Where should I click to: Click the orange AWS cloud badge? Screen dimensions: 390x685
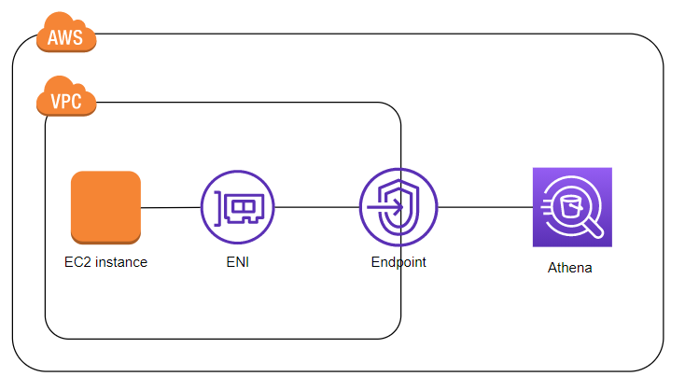tap(66, 38)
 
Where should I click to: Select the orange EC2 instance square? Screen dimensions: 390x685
tap(105, 206)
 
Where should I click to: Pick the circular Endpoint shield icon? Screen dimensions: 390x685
tap(398, 206)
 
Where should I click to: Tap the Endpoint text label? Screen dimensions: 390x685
tap(398, 262)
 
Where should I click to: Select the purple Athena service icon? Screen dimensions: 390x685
tap(571, 206)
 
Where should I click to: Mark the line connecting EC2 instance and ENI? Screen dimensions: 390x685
tap(171, 206)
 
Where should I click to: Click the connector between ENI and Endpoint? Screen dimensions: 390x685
tap(317, 206)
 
